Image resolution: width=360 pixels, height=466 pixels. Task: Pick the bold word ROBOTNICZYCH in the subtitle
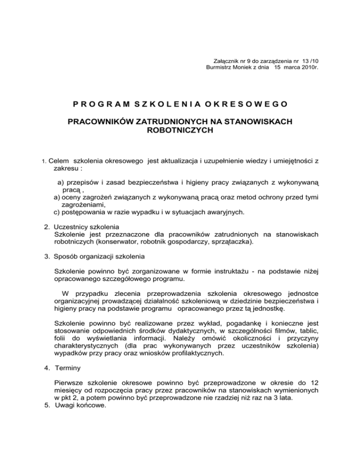[180, 131]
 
